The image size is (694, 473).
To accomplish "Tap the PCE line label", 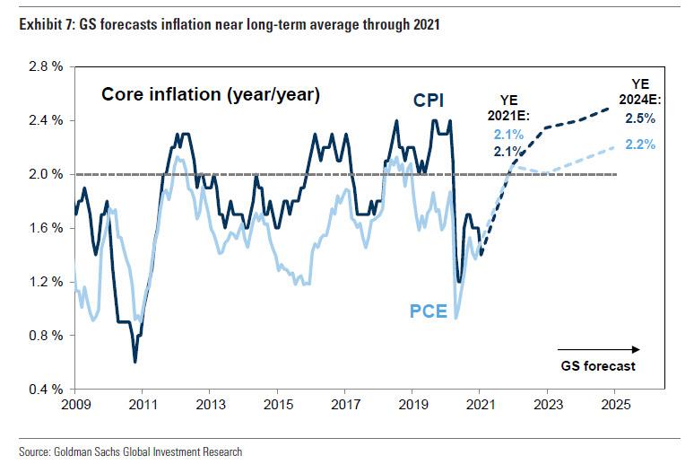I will [x=429, y=311].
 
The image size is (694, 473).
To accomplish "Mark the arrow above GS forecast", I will [x=598, y=348].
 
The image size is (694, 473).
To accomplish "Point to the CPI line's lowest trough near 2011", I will [x=134, y=362].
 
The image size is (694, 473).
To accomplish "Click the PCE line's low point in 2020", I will [x=456, y=317].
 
